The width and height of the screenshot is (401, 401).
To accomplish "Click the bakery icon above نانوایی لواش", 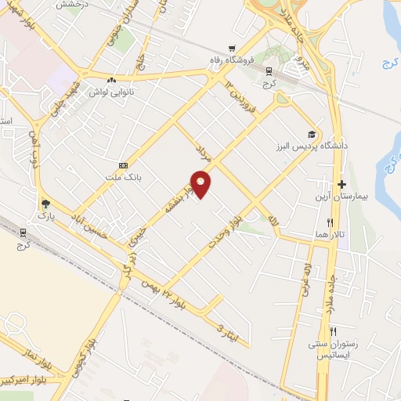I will click(x=111, y=79).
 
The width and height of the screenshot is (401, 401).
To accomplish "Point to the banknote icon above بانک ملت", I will click(x=122, y=166).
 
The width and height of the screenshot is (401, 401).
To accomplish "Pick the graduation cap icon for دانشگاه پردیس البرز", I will click(x=312, y=134).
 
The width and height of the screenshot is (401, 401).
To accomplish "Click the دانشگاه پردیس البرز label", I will click(x=311, y=146).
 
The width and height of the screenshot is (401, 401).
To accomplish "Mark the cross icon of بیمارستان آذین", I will click(x=341, y=182).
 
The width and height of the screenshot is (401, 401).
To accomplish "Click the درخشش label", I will click(x=70, y=4).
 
